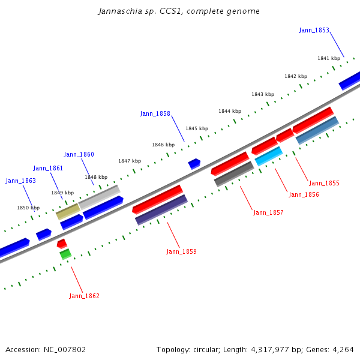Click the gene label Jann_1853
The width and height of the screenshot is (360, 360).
pos(314,30)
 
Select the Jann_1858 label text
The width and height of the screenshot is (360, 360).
pos(155,113)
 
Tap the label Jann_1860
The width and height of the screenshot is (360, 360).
pos(79,154)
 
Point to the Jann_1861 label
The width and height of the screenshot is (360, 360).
pos(48,168)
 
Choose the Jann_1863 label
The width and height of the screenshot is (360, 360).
pos(20,181)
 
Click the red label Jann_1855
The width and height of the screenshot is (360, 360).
pos(324,183)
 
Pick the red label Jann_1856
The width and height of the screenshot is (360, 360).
pos(304,194)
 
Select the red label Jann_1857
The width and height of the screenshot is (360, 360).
pos(268,212)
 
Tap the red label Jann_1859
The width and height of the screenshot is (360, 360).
pos(181,251)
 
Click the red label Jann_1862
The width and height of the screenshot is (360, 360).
pos(84,296)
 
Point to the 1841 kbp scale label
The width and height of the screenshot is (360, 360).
pos(329,58)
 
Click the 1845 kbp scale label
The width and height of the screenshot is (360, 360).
pos(197,128)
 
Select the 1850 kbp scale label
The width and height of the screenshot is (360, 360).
pos(28,208)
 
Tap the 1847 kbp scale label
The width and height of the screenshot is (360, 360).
pos(130,161)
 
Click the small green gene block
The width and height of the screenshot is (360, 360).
pos(65,254)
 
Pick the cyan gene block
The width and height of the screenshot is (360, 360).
pos(268,156)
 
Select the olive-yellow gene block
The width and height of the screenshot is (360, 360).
pos(68,211)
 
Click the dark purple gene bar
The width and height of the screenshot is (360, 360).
pos(161,210)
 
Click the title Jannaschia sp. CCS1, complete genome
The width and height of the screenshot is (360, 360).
pos(179,11)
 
